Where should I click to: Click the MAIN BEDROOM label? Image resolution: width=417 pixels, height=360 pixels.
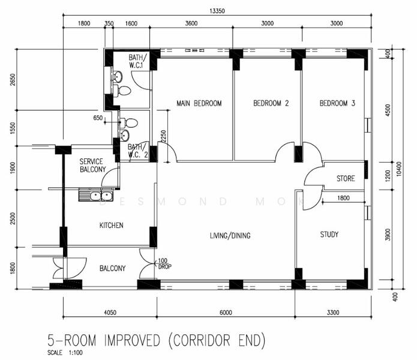[x=199, y=103]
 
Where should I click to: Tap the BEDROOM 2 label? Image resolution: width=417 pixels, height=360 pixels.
[x=271, y=103]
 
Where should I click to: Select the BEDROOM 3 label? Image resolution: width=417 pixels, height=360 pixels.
[x=337, y=103]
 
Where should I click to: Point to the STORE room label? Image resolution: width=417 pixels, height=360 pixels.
[x=346, y=178]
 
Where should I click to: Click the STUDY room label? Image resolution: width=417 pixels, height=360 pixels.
[x=329, y=235]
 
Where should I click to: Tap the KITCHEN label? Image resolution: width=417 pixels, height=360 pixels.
[x=111, y=226]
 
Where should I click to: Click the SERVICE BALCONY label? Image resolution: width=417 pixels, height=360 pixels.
[x=92, y=166]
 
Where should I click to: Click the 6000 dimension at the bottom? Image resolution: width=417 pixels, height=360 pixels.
[x=226, y=313]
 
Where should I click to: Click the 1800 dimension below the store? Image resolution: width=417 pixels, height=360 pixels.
[x=343, y=198]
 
